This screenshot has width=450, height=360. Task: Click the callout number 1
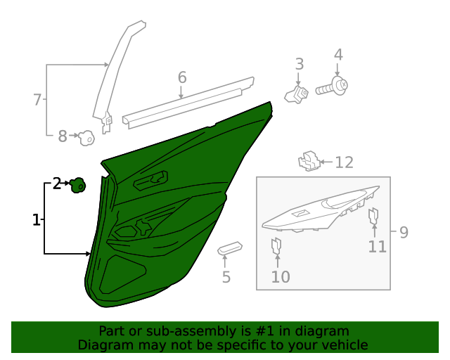[x=36, y=221]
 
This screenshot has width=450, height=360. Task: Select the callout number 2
[x=57, y=185]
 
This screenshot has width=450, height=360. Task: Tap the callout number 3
[x=299, y=64]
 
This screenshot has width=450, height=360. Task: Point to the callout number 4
[x=338, y=55]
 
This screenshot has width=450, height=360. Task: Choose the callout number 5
[x=226, y=277]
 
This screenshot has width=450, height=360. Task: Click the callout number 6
[x=181, y=77]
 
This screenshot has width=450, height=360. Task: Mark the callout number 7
[x=37, y=100]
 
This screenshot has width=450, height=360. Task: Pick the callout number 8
[x=63, y=136]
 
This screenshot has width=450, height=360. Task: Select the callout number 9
[x=404, y=232]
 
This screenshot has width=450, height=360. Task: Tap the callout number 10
[x=280, y=277]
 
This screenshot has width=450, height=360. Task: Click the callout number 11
[x=378, y=246]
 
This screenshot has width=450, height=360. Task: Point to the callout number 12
[x=343, y=162]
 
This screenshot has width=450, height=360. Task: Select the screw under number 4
[x=333, y=88]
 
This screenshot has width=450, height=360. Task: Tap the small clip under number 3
[x=297, y=94]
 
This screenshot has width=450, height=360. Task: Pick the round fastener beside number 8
[x=86, y=139]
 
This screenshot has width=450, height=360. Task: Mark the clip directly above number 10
[x=276, y=246]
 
